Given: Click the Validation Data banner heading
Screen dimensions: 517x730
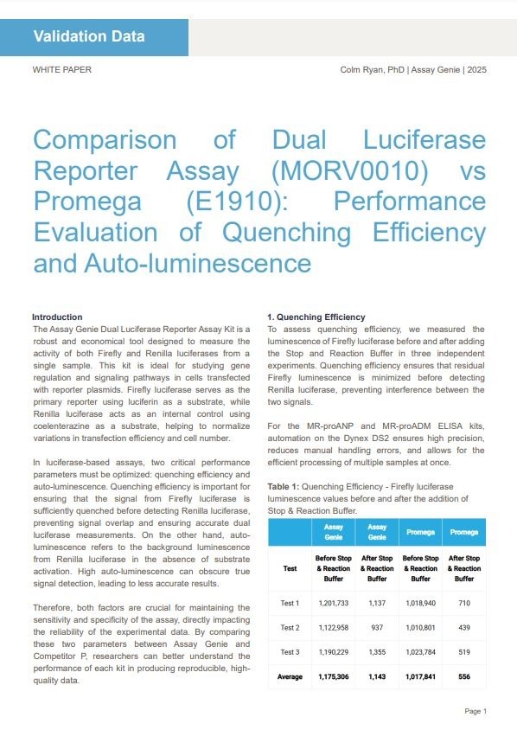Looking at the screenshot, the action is pyautogui.click(x=89, y=36).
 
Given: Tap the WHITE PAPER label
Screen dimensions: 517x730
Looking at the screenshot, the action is pyautogui.click(x=60, y=69).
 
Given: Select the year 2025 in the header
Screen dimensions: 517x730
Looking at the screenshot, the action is pyautogui.click(x=476, y=69).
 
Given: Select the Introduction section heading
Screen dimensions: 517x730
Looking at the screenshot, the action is pyautogui.click(x=57, y=317).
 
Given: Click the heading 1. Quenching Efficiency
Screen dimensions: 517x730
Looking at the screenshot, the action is pyautogui.click(x=316, y=317).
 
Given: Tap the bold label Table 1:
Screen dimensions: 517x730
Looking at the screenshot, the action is pyautogui.click(x=285, y=487).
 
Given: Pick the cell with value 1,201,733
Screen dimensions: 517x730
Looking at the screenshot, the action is pyautogui.click(x=333, y=603).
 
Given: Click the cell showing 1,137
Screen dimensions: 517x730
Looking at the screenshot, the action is pyautogui.click(x=377, y=603).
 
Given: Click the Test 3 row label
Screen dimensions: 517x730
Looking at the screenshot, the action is pyautogui.click(x=290, y=651).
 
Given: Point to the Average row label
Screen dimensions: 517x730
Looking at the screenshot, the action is pyautogui.click(x=290, y=676).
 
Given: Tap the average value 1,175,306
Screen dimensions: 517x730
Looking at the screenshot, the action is pyautogui.click(x=333, y=676).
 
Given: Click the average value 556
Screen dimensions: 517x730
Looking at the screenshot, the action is pyautogui.click(x=464, y=676).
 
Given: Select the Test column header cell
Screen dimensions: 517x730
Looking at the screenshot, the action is pyautogui.click(x=290, y=568).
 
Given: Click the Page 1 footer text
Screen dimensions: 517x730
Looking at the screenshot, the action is pyautogui.click(x=476, y=711).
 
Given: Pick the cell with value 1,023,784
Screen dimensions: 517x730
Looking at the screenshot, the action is pyautogui.click(x=421, y=651).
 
